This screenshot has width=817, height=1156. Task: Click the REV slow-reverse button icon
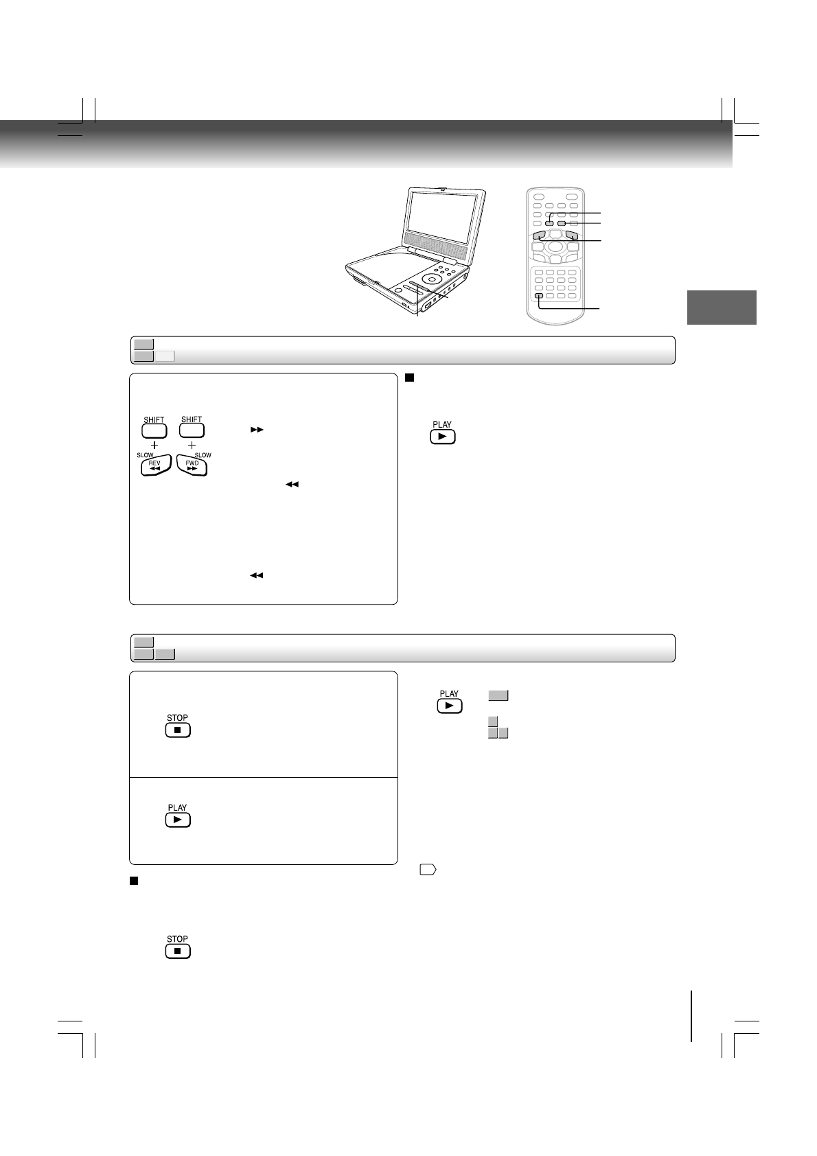click(x=154, y=465)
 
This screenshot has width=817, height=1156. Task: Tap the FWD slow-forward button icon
click(x=192, y=465)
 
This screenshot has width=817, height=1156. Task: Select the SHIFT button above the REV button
click(x=154, y=430)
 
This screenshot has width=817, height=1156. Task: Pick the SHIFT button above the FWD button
click(x=192, y=430)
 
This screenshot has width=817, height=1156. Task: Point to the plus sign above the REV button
click(x=154, y=446)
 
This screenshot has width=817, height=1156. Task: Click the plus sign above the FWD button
click(x=192, y=446)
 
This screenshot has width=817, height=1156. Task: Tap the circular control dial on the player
click(x=431, y=279)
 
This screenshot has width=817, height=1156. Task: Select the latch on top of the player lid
click(x=444, y=188)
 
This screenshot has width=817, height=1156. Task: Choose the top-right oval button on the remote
click(x=571, y=197)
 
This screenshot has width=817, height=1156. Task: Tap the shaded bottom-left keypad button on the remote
click(x=539, y=296)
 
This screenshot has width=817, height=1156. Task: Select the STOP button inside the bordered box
click(x=178, y=730)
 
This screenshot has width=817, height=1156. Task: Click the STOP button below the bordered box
click(x=178, y=951)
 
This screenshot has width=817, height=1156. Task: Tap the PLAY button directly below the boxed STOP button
click(x=178, y=820)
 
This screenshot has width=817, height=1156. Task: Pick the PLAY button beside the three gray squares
click(x=449, y=706)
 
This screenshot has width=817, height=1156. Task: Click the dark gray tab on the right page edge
click(x=722, y=308)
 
